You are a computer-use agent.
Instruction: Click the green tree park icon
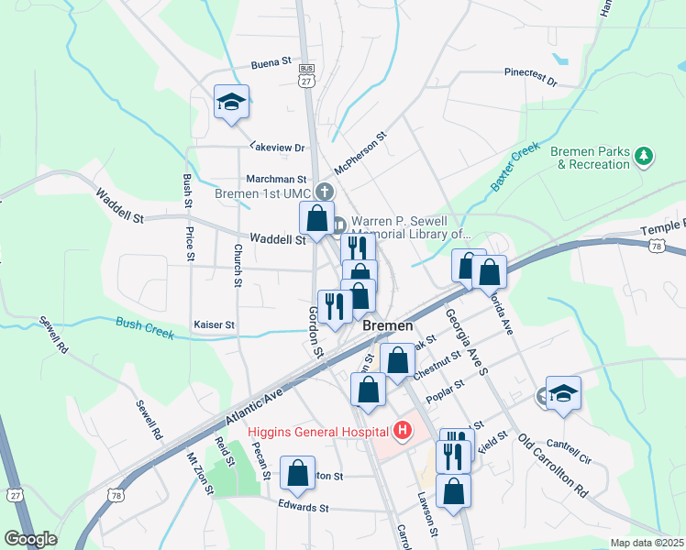(x=645, y=158)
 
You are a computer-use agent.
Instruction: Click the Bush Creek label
(x=145, y=327)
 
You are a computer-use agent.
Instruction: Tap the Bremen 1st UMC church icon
(x=323, y=192)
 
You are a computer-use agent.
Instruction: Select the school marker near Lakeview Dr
(x=231, y=103)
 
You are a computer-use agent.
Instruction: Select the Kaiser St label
(x=214, y=324)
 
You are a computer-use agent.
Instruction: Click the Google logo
(x=30, y=539)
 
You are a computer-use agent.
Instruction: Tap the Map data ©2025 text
(x=647, y=543)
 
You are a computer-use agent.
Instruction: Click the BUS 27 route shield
(x=306, y=76)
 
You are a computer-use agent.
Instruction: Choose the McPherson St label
(x=360, y=152)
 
